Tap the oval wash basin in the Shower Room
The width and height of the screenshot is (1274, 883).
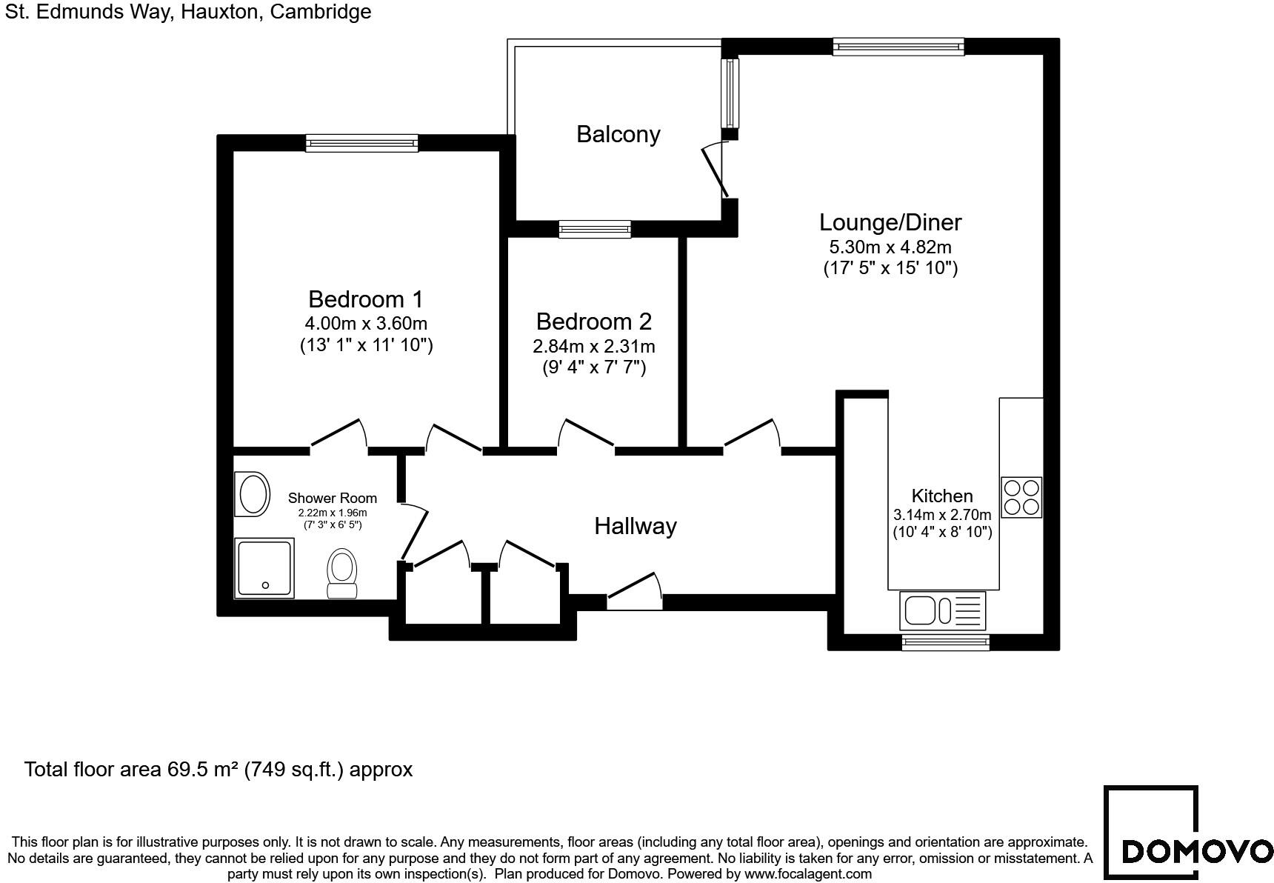coord(253,494)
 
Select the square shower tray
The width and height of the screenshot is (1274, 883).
coord(264,568)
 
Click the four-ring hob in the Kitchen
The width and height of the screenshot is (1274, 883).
coord(1021,497)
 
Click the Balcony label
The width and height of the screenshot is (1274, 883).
coord(618,134)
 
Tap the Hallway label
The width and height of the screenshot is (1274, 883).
coord(636,526)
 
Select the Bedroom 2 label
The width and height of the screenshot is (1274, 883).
coord(593,321)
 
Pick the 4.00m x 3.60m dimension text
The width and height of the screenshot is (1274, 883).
coord(366,324)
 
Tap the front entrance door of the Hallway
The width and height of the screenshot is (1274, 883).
coord(635,592)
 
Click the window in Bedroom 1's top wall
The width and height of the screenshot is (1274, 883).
coord(362,143)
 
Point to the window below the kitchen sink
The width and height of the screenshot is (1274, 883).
coord(945,642)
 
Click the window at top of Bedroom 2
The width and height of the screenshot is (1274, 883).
coord(595,229)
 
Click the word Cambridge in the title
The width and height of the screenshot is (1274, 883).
coord(321,12)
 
